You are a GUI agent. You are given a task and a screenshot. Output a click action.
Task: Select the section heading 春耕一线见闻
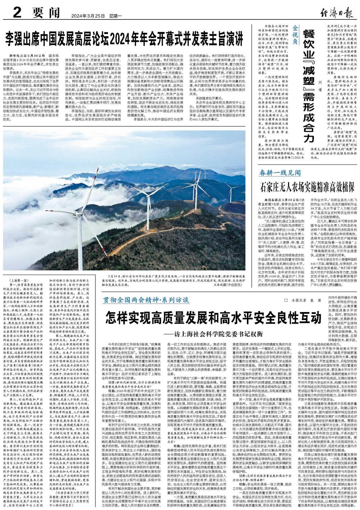(280, 173)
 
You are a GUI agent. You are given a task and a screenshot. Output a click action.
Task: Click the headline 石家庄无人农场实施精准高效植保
(309, 187)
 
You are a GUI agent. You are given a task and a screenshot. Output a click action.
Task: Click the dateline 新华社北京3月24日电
(32, 57)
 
